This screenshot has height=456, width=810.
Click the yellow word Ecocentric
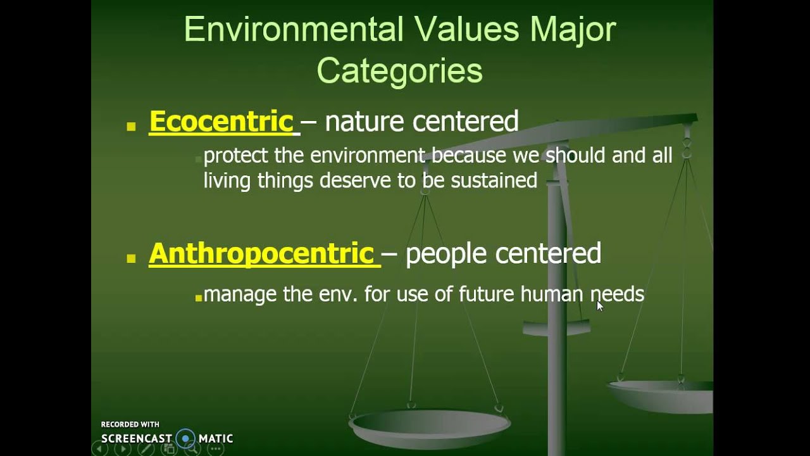tap(221, 122)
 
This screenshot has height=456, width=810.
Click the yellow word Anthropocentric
tap(261, 254)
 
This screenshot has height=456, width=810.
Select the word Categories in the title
tap(399, 71)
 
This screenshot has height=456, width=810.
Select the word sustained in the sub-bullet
tap(494, 180)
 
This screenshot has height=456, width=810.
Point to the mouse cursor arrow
tap(599, 305)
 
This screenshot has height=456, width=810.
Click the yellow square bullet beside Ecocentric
tap(132, 127)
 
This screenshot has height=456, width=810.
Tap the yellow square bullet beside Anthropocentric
tap(132, 258)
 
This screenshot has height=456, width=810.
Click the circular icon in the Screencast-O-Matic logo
tap(185, 438)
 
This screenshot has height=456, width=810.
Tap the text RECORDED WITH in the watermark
tap(130, 424)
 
